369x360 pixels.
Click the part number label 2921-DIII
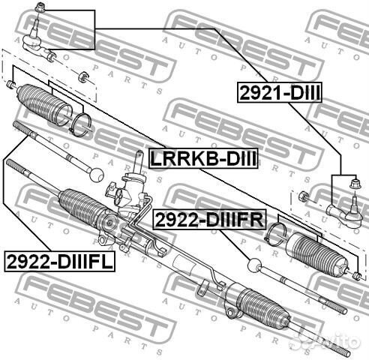point(279,92)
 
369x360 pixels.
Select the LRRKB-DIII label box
point(203,158)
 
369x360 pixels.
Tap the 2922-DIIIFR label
point(209,220)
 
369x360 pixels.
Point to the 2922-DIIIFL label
point(59,262)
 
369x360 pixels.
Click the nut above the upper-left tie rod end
point(40,7)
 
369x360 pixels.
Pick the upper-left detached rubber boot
point(44,104)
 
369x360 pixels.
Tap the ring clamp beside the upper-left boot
point(79,125)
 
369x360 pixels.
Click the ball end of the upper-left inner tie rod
point(97,175)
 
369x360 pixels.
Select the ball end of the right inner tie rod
point(255,265)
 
